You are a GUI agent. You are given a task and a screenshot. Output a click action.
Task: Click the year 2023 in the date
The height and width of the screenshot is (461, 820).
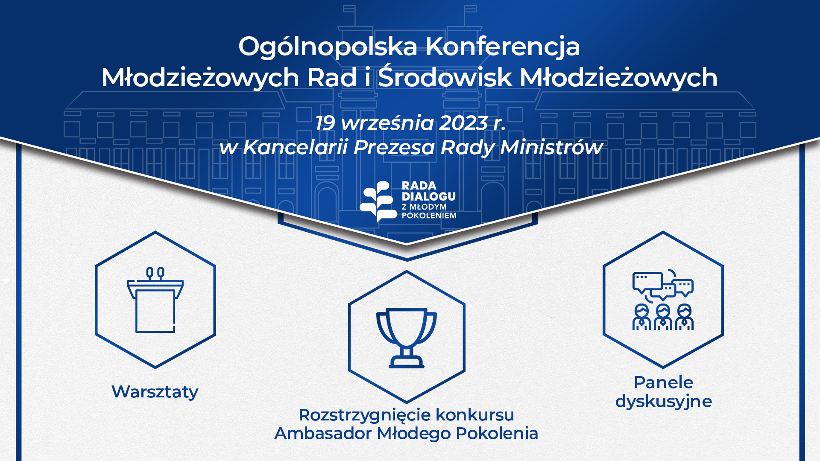pyautogui.click(x=463, y=123)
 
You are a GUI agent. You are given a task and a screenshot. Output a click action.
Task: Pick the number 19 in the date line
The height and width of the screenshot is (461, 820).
pyautogui.click(x=325, y=123)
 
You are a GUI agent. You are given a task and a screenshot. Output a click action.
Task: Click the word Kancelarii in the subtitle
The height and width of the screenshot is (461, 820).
pyautogui.click(x=296, y=147)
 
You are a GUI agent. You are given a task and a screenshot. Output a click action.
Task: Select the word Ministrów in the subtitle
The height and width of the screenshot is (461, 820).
pyautogui.click(x=551, y=147)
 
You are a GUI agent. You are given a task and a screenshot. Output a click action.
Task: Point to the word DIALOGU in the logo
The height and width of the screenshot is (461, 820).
pyautogui.click(x=429, y=196)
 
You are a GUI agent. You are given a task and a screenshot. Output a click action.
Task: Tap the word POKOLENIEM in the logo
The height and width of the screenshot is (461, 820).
pyautogui.click(x=429, y=216)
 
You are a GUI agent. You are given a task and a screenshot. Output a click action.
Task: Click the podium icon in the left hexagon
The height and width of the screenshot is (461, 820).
pyautogui.click(x=155, y=300)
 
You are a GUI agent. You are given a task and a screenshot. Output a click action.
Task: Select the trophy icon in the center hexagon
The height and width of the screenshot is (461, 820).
pyautogui.click(x=407, y=338)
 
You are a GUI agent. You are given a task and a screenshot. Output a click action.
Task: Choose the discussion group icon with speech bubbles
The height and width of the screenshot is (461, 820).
pyautogui.click(x=663, y=300)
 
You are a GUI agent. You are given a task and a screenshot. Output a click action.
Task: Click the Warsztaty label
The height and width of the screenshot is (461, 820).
pyautogui.click(x=155, y=392)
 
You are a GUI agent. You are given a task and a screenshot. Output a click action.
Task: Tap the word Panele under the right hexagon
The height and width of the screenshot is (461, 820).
pyautogui.click(x=663, y=382)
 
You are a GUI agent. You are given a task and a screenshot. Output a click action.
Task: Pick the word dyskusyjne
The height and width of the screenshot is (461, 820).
pyautogui.click(x=664, y=402)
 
